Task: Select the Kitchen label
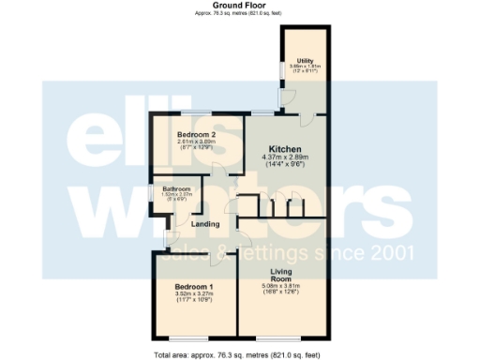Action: coord(285,149)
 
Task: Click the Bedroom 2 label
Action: coord(197,134)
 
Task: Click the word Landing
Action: coord(205,224)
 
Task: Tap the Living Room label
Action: coord(282,274)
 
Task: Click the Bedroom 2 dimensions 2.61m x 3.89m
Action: coord(197,142)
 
